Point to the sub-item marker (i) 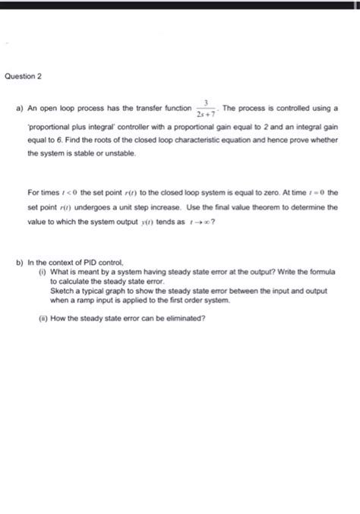(x=43, y=271)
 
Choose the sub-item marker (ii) (x=43, y=317)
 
